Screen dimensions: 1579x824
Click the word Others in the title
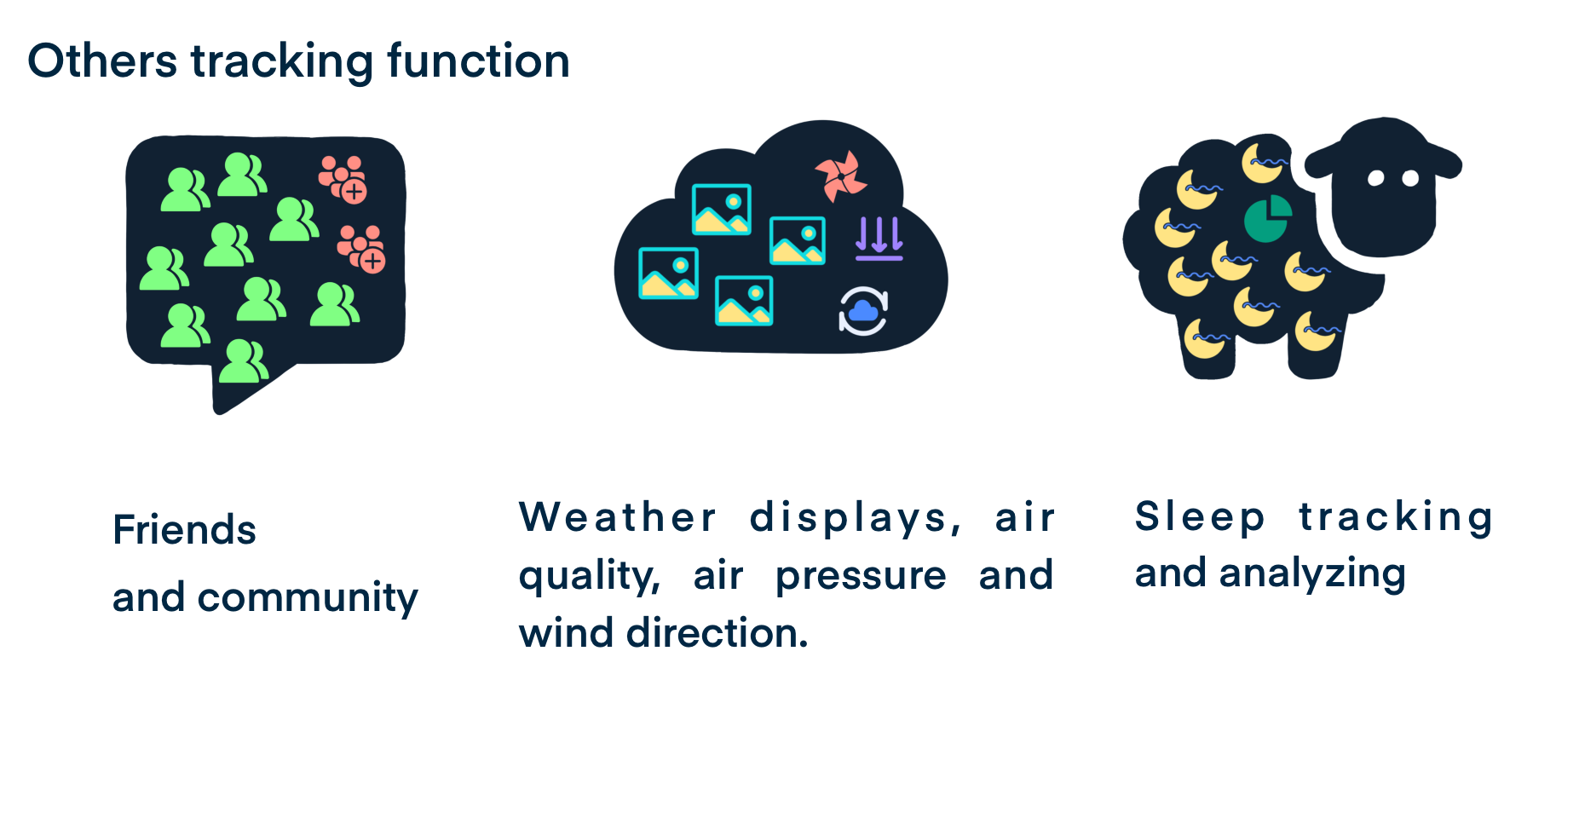(x=102, y=61)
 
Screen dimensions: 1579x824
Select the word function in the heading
(x=478, y=61)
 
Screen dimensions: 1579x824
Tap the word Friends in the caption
(x=184, y=530)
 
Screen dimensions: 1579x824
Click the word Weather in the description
(x=618, y=517)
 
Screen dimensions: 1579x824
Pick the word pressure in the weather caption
(x=861, y=577)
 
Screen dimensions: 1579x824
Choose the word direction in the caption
(x=717, y=633)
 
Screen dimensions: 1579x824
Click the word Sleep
(x=1200, y=518)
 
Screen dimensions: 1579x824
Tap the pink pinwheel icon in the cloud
(x=840, y=176)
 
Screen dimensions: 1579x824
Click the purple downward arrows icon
(x=879, y=239)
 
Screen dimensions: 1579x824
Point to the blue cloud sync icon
(x=863, y=311)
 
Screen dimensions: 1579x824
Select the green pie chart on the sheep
(x=1267, y=219)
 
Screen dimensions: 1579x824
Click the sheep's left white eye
(x=1375, y=178)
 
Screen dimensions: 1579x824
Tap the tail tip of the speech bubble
(x=219, y=411)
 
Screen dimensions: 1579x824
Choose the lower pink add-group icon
(x=361, y=249)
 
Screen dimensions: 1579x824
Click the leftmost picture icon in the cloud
(x=669, y=274)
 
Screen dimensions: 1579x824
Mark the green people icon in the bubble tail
(x=244, y=361)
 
